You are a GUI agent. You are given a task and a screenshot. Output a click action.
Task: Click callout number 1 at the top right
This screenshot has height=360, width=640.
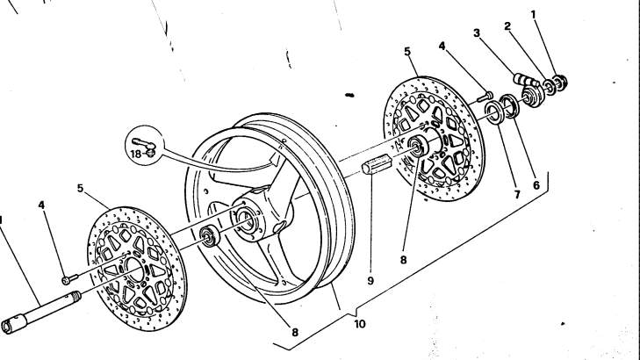click(x=533, y=15)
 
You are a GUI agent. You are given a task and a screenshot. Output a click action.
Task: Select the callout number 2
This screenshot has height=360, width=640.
click(x=507, y=26)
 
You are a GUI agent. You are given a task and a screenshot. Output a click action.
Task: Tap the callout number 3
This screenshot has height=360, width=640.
click(x=477, y=33)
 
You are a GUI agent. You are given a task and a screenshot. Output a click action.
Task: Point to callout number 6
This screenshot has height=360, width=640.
click(x=536, y=185)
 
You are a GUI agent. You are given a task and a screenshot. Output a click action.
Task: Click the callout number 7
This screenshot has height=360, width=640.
click(x=517, y=195)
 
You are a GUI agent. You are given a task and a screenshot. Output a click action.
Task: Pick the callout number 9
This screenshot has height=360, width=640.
click(x=370, y=281)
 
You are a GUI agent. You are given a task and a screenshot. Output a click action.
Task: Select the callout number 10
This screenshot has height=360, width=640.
click(x=360, y=324)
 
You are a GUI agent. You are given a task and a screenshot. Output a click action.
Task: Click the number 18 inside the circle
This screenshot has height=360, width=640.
click(x=136, y=154)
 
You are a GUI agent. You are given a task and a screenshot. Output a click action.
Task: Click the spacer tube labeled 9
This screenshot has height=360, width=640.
click(x=378, y=163)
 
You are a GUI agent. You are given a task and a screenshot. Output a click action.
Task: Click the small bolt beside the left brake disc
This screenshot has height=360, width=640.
click(x=70, y=279)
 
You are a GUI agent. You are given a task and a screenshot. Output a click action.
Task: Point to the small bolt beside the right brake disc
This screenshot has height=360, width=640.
click(x=485, y=97)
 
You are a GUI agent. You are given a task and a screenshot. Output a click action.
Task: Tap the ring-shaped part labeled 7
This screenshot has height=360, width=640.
click(x=494, y=112)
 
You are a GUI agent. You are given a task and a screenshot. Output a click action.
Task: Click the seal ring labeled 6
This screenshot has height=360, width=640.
click(x=510, y=105)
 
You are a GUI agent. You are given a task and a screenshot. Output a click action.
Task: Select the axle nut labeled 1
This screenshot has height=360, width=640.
click(x=560, y=83)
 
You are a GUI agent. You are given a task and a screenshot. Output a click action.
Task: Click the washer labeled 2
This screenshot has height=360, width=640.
click(x=550, y=87)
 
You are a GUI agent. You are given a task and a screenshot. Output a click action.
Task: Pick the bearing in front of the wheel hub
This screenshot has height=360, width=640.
click(x=210, y=236)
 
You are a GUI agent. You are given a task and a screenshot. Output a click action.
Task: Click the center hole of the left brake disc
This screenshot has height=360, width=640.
click(x=135, y=270)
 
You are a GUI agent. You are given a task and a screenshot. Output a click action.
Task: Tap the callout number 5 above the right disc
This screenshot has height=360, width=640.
click(x=407, y=52)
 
